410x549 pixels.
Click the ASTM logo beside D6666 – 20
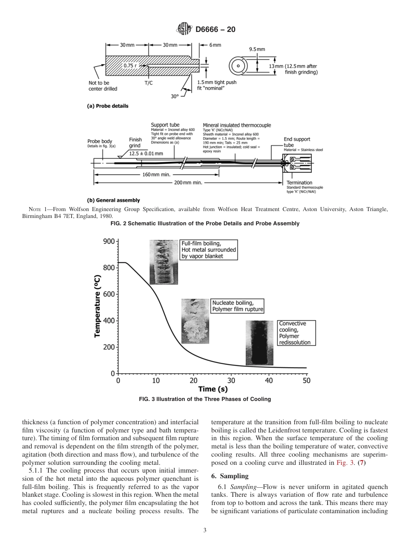click(184, 30)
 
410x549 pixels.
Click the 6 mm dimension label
click(215, 45)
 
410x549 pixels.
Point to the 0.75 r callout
click(130, 66)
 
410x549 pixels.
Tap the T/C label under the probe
click(148, 82)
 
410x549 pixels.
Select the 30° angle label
click(174, 97)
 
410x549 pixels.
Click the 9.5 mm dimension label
click(257, 49)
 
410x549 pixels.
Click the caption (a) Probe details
click(107, 106)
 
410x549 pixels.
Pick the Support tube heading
click(165, 125)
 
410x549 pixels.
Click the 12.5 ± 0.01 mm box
click(146, 153)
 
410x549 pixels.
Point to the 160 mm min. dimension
click(156, 174)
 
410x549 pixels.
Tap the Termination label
click(300, 183)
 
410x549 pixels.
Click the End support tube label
click(296, 142)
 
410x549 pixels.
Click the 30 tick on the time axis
click(231, 381)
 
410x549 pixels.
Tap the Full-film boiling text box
click(208, 249)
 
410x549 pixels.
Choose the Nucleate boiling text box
click(237, 306)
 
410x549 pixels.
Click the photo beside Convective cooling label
click(259, 343)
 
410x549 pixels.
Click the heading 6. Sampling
click(230, 476)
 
